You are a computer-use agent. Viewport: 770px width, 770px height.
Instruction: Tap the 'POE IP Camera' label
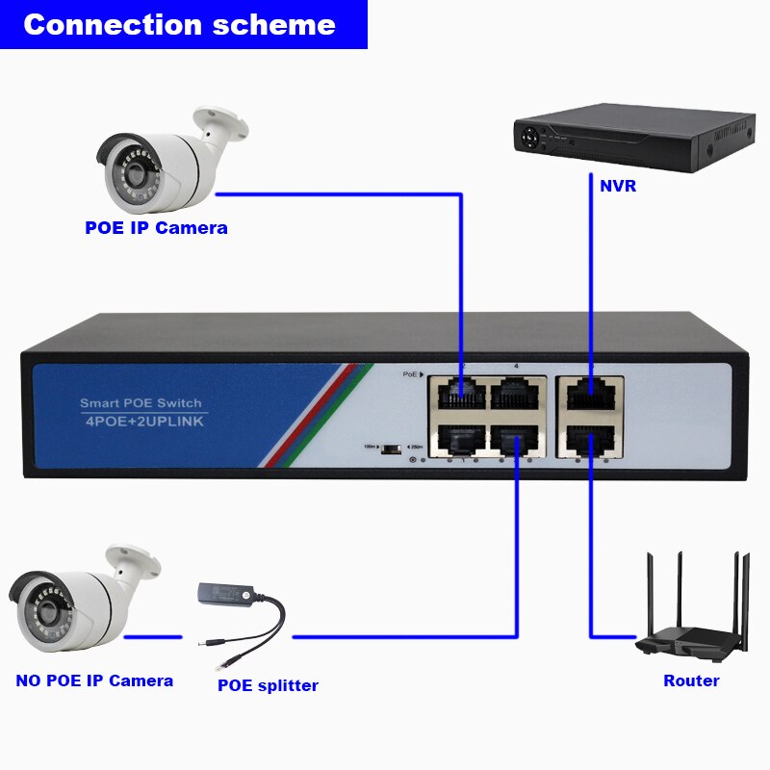pyautogui.click(x=156, y=228)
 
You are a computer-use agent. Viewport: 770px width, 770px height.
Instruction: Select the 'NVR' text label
pyautogui.click(x=617, y=187)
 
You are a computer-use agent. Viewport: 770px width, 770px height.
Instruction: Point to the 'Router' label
pyautogui.click(x=691, y=680)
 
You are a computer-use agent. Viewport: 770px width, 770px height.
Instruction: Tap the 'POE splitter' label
pyautogui.click(x=268, y=685)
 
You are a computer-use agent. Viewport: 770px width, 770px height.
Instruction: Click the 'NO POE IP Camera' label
pyautogui.click(x=94, y=680)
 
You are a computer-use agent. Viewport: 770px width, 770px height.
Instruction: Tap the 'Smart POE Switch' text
pyautogui.click(x=141, y=403)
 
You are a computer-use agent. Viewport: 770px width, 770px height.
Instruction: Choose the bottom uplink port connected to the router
pyautogui.click(x=590, y=440)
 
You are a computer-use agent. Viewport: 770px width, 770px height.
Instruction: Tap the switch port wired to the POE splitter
pyautogui.click(x=518, y=440)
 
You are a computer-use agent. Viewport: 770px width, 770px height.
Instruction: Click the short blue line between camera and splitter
pyautogui.click(x=153, y=636)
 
